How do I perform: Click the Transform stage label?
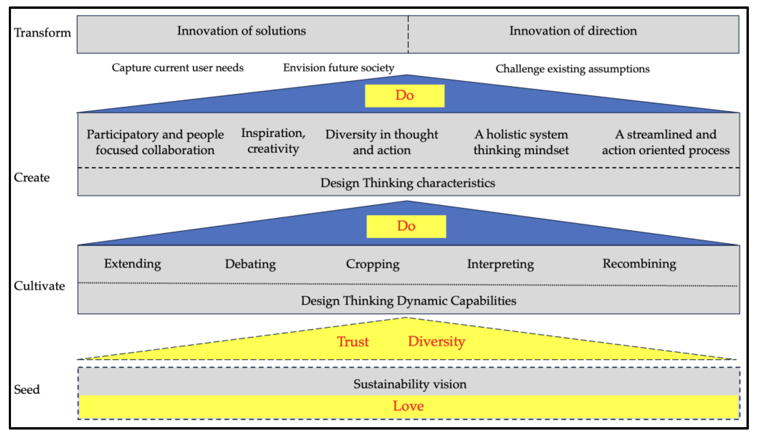pos(42,33)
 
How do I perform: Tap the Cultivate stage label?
pos(39,286)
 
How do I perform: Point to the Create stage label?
pos(32,178)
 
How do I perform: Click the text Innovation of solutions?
pos(241,31)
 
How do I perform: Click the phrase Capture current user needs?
pos(177,68)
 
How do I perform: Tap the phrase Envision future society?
pos(339,68)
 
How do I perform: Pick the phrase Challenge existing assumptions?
pos(572,69)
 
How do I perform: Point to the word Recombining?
pos(639,263)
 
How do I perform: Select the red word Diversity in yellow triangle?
pos(436,341)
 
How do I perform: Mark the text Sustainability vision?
pos(410,384)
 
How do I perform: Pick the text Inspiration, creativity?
pos(273,141)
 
